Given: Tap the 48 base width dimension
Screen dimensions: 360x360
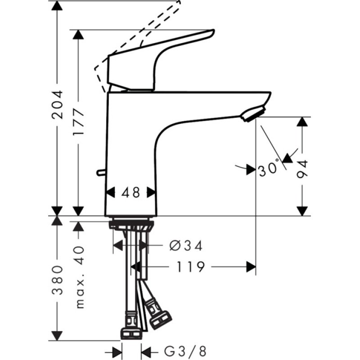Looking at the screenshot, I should point(131,193).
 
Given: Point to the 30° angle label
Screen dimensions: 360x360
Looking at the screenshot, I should point(269,170).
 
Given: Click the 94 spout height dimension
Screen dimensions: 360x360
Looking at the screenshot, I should point(302,168).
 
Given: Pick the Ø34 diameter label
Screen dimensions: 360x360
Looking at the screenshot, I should point(186,246).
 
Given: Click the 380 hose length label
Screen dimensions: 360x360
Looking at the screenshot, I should point(57,279).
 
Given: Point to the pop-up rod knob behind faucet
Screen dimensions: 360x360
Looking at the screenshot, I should point(100,172).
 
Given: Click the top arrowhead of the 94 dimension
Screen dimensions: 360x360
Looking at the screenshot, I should point(302,122).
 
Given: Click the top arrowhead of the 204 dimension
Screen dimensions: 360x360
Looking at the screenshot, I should point(57,5).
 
